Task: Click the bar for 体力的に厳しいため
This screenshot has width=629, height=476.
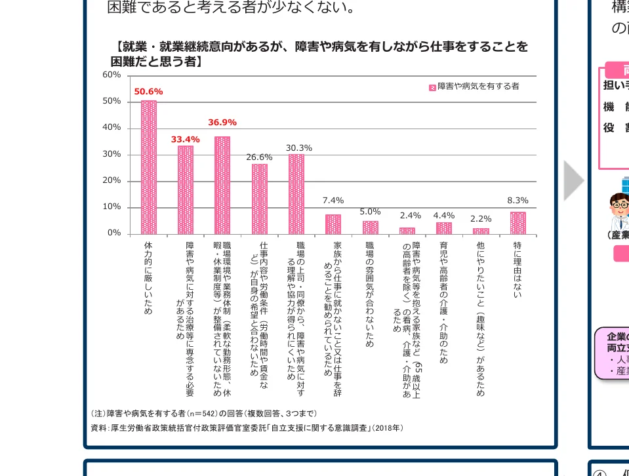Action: coord(149,167)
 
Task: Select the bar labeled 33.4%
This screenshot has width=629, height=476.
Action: coord(186,190)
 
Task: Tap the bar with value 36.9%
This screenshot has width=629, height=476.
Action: coord(222,186)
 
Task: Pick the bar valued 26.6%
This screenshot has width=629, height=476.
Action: coord(260,199)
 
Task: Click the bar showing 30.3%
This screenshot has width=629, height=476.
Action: coord(296,194)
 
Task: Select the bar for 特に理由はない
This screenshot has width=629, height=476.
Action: coord(517,224)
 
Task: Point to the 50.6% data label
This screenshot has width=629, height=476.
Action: coord(148,92)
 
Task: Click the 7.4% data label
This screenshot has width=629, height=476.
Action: coord(333,201)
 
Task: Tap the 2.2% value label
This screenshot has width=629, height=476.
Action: coord(481,218)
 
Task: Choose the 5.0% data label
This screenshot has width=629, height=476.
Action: coord(370,211)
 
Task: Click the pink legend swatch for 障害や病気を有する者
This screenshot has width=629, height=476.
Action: coord(432,87)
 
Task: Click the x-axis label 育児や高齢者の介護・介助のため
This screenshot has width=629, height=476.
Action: coord(444,302)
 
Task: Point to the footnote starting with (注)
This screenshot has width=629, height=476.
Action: coord(204,414)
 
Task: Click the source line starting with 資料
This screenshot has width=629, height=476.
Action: coord(247,428)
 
